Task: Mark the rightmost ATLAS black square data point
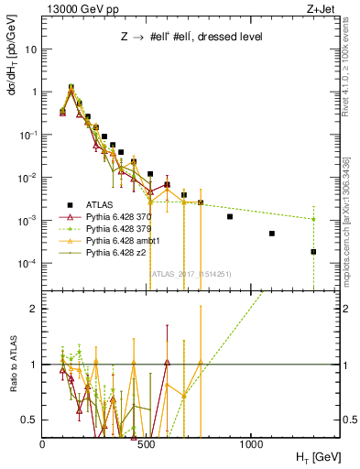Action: [x=313, y=252]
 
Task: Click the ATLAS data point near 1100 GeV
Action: [x=272, y=234]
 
